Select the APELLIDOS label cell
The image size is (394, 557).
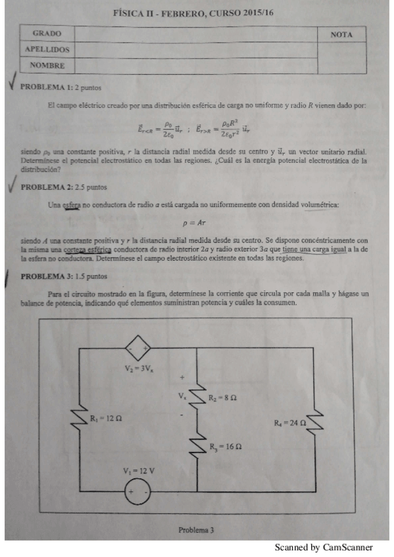click(47, 49)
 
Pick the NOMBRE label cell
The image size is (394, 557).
click(47, 66)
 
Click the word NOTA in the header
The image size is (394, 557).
click(341, 34)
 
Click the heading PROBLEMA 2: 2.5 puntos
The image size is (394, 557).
click(64, 187)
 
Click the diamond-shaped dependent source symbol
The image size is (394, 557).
click(139, 347)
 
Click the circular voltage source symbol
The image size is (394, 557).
click(138, 491)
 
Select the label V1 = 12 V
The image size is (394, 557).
click(138, 471)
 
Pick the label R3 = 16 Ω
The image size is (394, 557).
click(226, 447)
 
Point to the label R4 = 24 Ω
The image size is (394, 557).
click(290, 423)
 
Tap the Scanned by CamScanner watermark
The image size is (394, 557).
click(324, 547)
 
